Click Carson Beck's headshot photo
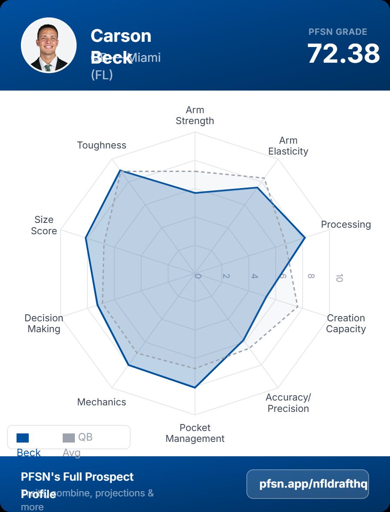tap(49, 45)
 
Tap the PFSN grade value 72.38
tap(343, 54)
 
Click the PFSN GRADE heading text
tap(338, 32)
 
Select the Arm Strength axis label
tap(195, 115)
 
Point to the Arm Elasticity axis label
tap(288, 146)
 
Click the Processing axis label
tap(346, 225)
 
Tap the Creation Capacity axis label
tap(346, 323)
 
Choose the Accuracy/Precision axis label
tap(288, 403)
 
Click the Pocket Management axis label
tap(195, 433)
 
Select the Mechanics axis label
tap(101, 402)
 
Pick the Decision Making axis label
tap(44, 323)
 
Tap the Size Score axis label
tap(44, 225)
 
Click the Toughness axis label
tap(101, 145)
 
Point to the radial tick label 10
tap(339, 278)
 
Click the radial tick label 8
tap(311, 276)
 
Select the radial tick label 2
tap(226, 276)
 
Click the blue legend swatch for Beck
tap(23, 438)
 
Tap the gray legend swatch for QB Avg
tap(69, 438)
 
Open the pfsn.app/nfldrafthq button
tap(307, 484)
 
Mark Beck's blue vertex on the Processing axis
tap(305, 238)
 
